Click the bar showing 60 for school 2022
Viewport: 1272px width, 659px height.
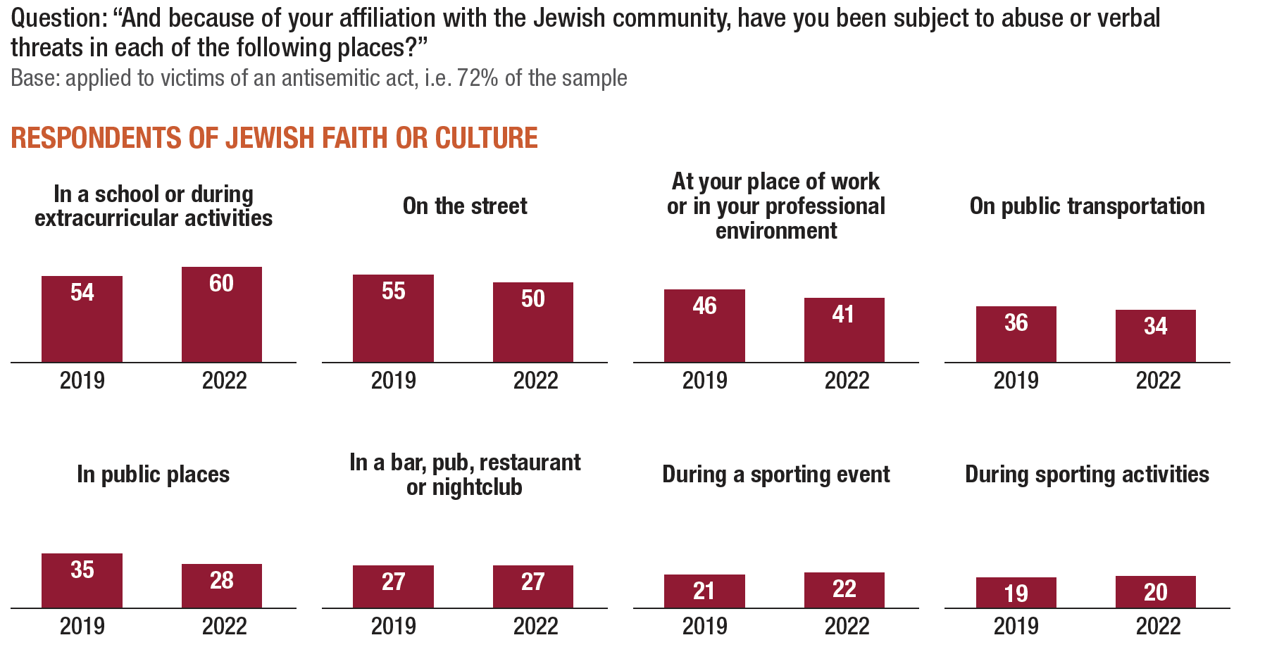click(x=221, y=314)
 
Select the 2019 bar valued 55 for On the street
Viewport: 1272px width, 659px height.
click(x=393, y=318)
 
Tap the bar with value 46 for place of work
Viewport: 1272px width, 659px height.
click(x=704, y=325)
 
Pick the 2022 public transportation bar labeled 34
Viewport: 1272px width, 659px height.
click(x=1155, y=336)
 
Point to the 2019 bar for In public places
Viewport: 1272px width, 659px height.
click(x=82, y=580)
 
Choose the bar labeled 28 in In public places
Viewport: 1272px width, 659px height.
click(x=221, y=586)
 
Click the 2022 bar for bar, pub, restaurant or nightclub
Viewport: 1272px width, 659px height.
click(x=532, y=586)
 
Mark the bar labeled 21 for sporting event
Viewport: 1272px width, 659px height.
click(x=704, y=591)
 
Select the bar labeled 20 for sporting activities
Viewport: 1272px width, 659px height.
click(x=1155, y=591)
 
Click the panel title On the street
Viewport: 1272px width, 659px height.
click(x=465, y=206)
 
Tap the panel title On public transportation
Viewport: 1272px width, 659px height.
click(x=1087, y=206)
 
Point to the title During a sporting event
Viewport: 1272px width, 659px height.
click(x=775, y=475)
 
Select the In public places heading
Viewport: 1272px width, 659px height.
click(x=153, y=475)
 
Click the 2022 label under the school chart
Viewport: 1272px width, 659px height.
click(x=224, y=381)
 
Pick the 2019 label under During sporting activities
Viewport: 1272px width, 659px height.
click(x=1016, y=627)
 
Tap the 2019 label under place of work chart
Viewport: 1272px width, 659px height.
click(x=704, y=381)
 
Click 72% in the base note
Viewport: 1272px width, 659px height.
click(x=478, y=78)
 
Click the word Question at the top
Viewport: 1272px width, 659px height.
click(x=58, y=18)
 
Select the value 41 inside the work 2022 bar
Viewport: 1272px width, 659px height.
click(x=843, y=314)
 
